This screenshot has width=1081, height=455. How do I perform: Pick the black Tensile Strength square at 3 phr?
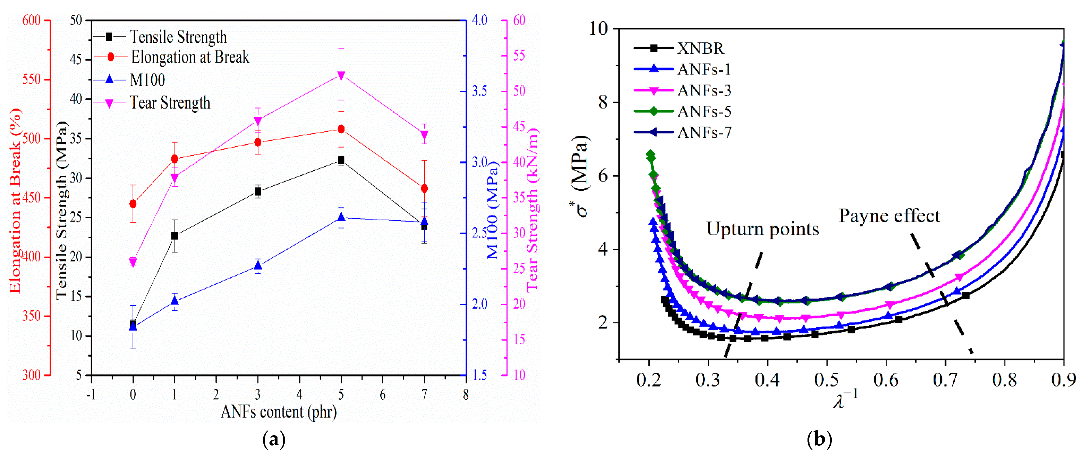coord(258,192)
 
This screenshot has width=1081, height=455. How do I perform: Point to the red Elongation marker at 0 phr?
coord(133,204)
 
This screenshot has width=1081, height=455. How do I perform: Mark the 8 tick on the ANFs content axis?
coord(466,394)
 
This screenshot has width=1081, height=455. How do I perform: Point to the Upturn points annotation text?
coord(762,229)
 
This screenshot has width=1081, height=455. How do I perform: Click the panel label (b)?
coord(819,439)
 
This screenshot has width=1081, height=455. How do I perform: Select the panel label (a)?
coord(274,439)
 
